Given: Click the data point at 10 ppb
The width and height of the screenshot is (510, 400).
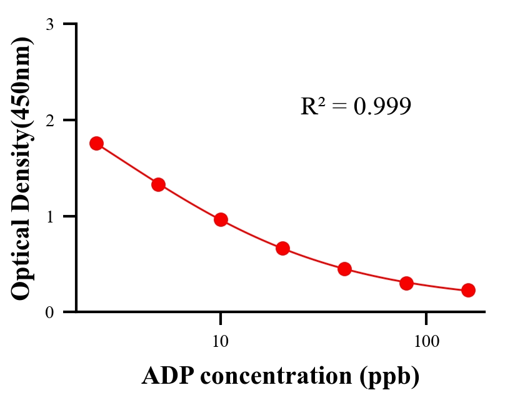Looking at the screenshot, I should click(221, 219).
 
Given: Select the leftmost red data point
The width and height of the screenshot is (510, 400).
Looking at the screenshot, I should click(96, 143).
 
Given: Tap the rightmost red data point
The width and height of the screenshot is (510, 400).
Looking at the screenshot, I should click(468, 290).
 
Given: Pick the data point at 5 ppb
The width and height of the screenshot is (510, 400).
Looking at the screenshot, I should click(158, 184).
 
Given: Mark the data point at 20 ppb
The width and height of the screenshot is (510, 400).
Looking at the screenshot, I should click(282, 248).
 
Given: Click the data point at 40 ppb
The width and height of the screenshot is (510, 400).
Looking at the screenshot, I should click(344, 269).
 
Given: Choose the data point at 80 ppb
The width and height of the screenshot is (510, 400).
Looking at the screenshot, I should click(406, 283).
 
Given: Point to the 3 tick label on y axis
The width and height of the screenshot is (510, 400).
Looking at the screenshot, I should click(50, 24).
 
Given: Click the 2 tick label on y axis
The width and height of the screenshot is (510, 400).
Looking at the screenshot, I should click(50, 120).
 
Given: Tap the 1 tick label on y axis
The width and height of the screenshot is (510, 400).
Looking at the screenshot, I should click(50, 216).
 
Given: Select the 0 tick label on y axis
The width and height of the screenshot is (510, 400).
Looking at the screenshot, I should click(50, 312).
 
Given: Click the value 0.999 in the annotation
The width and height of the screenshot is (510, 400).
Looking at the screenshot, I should click(382, 106).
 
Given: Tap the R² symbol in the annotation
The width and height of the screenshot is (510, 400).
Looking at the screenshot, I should click(312, 106).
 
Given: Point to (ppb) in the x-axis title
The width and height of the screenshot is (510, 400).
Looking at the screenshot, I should click(390, 377).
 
